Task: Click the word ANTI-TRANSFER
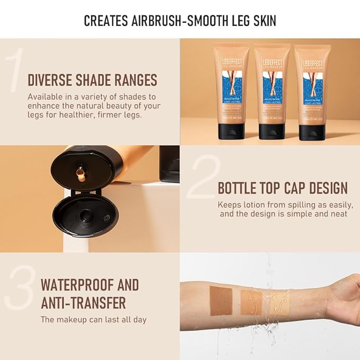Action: [83, 303]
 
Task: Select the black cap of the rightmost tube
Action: [312, 130]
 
